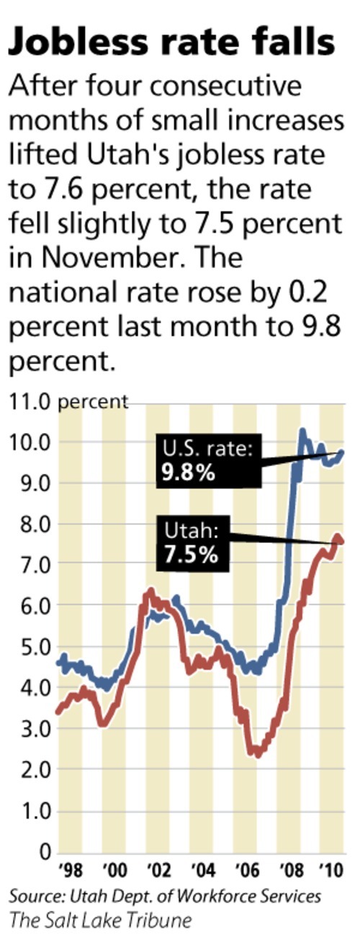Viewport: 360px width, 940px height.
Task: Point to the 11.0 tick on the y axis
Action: pyautogui.click(x=28, y=401)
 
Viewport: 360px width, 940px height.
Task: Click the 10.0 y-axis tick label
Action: pyautogui.click(x=28, y=442)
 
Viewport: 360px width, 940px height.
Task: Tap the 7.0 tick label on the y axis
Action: pyautogui.click(x=28, y=564)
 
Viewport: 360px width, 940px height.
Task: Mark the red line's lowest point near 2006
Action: pyautogui.click(x=257, y=755)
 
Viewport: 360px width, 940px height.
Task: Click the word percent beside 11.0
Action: pyautogui.click(x=93, y=401)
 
